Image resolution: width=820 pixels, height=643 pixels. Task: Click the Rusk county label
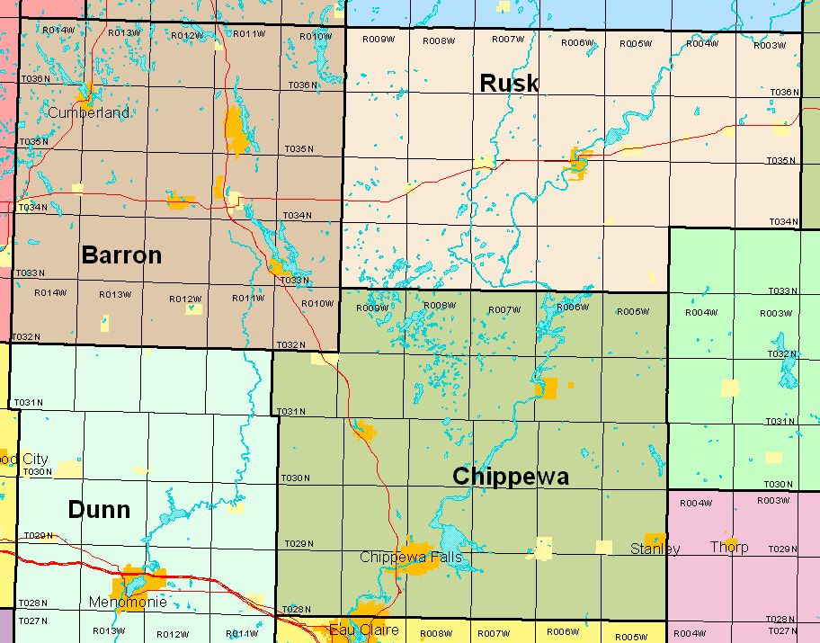click(x=509, y=84)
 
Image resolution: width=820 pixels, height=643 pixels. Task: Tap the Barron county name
click(x=121, y=255)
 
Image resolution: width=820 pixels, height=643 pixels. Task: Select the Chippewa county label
click(x=510, y=477)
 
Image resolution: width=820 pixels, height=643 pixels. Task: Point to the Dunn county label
click(x=99, y=510)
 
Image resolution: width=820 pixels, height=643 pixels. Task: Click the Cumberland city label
click(x=87, y=113)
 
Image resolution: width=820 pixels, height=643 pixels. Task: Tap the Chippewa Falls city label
click(x=411, y=558)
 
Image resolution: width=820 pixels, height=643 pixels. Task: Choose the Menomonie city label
click(x=128, y=602)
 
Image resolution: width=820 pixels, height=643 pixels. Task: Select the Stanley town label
click(x=655, y=549)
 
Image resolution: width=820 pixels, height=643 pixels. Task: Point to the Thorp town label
click(x=728, y=547)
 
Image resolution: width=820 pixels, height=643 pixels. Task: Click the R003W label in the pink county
click(x=773, y=501)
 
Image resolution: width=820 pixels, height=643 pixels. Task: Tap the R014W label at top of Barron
click(x=58, y=31)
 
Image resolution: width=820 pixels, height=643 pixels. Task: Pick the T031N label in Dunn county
click(x=28, y=402)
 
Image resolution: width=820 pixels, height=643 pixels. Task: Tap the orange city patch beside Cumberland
click(x=88, y=93)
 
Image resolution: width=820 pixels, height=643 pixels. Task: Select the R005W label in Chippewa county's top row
click(x=632, y=312)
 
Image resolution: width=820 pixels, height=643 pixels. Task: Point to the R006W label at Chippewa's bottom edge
click(x=563, y=631)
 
